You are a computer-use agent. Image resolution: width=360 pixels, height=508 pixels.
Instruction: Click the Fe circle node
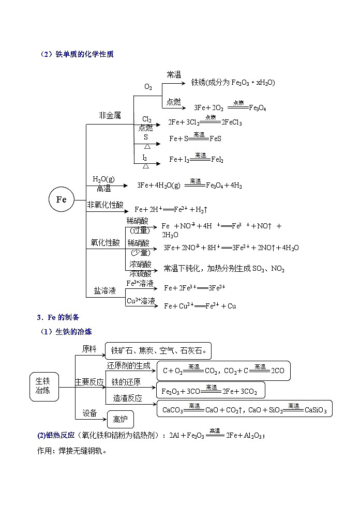[x=62, y=200]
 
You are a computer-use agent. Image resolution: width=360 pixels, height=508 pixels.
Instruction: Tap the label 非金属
[x=110, y=116]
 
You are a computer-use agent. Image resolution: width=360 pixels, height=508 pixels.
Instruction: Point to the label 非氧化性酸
[x=106, y=205]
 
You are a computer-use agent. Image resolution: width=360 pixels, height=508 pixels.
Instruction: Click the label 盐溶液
[x=104, y=290]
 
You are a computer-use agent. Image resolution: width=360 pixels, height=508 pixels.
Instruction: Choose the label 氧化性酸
[x=105, y=242]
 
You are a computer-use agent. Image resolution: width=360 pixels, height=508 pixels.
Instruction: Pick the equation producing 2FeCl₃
[x=205, y=122]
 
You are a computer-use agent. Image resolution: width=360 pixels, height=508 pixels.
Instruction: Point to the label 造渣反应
[x=127, y=398]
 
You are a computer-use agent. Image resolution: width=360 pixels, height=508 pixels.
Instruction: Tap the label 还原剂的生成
[x=128, y=365]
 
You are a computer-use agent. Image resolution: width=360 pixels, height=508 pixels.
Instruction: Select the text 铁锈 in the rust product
[x=198, y=82]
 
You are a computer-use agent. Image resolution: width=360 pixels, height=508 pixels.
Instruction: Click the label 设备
[x=89, y=413]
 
